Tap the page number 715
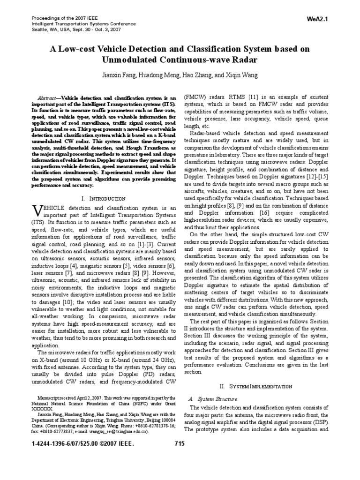pos(180,443)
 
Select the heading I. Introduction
pos(103,199)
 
